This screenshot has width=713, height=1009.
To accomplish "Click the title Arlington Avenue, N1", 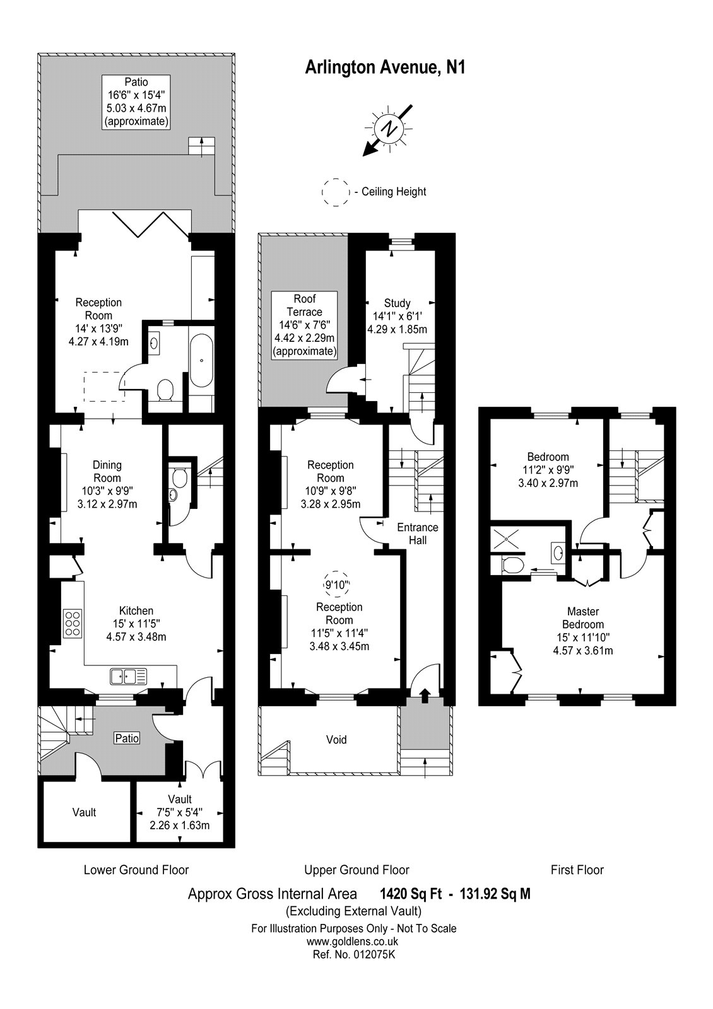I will pyautogui.click(x=385, y=67).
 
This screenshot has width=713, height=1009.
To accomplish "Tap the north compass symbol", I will pyautogui.click(x=389, y=129).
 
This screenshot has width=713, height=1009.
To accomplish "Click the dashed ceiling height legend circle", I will pyautogui.click(x=335, y=192).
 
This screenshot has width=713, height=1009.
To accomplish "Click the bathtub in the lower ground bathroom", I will pyautogui.click(x=202, y=361).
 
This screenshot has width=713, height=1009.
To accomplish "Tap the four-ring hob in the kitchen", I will pyautogui.click(x=72, y=624).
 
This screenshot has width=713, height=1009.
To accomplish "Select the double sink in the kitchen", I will pyautogui.click(x=129, y=676).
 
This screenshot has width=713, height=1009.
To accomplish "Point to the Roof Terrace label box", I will pyautogui.click(x=305, y=325).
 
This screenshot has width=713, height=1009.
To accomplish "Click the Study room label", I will pyautogui.click(x=397, y=303).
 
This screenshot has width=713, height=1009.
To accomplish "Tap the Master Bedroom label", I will pyautogui.click(x=582, y=618).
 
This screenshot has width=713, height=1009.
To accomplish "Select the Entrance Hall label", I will pyautogui.click(x=417, y=534).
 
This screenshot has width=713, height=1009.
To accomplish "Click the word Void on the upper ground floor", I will pyautogui.click(x=336, y=740).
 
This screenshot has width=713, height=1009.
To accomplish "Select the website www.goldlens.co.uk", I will pyautogui.click(x=353, y=942).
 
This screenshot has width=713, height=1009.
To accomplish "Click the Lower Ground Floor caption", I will pyautogui.click(x=136, y=870).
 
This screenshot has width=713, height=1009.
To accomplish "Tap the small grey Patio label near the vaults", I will pyautogui.click(x=127, y=738).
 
